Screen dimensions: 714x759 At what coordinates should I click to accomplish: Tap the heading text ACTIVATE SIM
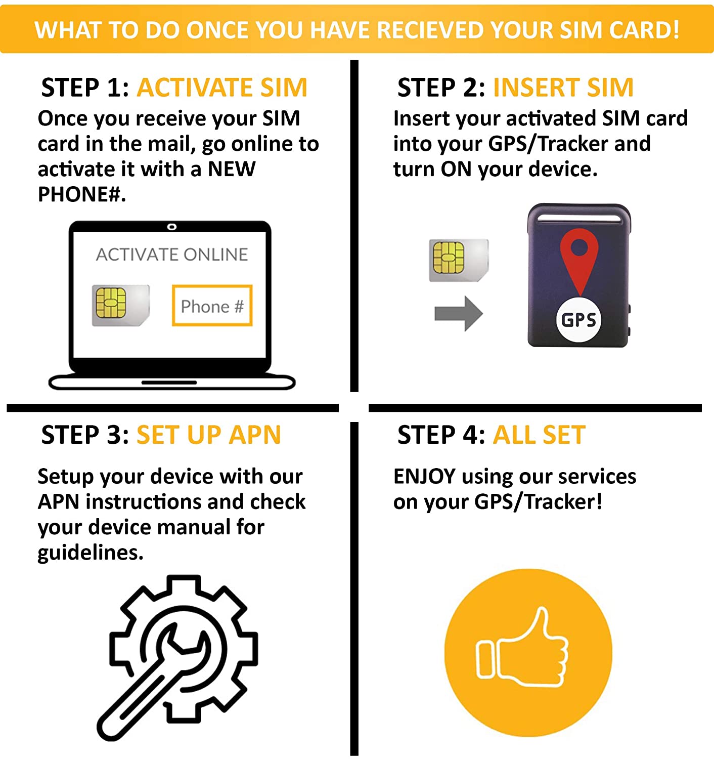(x=222, y=88)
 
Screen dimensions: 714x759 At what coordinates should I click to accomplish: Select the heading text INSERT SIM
(x=563, y=88)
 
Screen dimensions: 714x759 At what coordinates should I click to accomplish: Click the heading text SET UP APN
(x=208, y=435)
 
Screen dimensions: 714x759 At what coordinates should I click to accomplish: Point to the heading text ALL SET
(x=539, y=435)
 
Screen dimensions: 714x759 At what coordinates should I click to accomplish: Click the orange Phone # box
(x=212, y=305)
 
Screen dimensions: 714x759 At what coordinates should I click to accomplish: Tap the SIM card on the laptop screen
(x=121, y=305)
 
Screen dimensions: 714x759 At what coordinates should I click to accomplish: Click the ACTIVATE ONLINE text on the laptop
(x=172, y=255)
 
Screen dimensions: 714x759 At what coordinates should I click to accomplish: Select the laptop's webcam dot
(x=172, y=227)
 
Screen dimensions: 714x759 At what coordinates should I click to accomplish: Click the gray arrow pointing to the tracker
(x=459, y=313)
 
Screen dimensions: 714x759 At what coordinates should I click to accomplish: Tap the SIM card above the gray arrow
(x=459, y=260)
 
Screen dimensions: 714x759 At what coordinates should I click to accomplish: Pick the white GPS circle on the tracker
(x=579, y=319)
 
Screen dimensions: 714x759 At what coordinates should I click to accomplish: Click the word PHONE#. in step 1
(x=82, y=194)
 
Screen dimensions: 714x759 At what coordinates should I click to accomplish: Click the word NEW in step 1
(x=232, y=170)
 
